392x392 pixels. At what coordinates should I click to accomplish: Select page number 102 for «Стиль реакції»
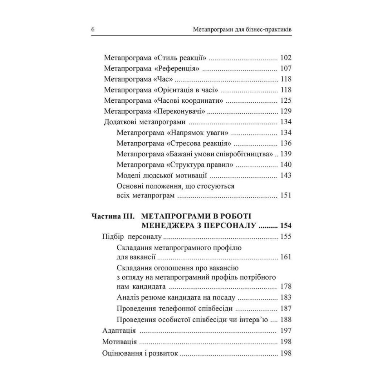(x=286, y=58)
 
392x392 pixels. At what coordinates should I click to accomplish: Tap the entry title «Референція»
(x=178, y=69)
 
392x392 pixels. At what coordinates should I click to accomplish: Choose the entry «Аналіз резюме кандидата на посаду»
(x=176, y=298)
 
